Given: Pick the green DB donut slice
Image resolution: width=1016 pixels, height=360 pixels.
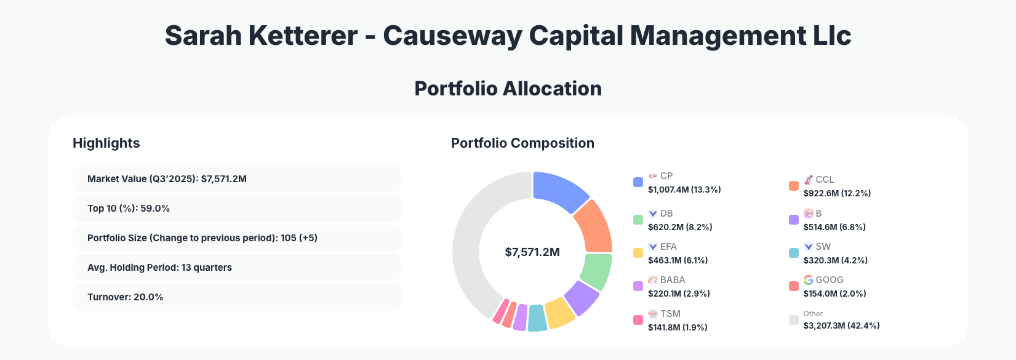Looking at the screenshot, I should [596, 271].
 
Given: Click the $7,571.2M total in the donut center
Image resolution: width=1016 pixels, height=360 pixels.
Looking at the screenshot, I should [532, 252].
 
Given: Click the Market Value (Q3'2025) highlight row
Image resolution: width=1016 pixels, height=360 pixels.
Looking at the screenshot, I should [236, 179].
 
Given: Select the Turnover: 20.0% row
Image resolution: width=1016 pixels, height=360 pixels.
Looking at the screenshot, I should [236, 297].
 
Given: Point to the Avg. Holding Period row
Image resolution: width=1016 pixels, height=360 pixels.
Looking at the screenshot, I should [236, 268].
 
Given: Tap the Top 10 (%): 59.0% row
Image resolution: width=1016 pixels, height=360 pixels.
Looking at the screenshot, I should [236, 209].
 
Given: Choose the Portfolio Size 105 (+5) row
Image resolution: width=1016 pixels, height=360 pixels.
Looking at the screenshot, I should [236, 238].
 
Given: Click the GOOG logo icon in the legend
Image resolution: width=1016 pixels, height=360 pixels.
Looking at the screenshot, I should [809, 280].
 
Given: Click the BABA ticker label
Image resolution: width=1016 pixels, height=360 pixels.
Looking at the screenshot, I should [673, 280].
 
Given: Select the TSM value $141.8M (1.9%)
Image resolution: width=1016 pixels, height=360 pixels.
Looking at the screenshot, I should [678, 327].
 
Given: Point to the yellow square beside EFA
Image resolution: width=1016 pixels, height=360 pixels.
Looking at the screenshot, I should [638, 253].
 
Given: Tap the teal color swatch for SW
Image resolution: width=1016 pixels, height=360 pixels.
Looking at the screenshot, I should [794, 253].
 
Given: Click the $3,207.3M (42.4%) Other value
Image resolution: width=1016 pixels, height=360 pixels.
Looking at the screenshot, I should [841, 326].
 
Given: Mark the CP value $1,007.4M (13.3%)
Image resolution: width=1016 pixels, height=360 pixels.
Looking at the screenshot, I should [684, 190].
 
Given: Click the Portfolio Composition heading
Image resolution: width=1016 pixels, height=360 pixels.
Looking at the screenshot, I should [522, 143].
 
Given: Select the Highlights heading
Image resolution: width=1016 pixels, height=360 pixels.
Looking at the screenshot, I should [106, 143].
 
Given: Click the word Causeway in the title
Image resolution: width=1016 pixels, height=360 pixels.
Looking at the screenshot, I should [452, 36].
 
